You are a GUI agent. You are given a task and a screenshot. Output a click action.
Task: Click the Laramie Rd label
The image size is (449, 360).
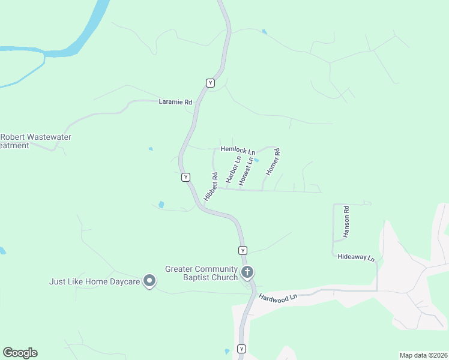[x=175, y=102]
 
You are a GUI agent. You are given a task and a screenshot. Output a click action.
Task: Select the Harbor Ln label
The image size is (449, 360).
[x=232, y=169]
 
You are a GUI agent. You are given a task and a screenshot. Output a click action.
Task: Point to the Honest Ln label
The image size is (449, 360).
[x=246, y=172]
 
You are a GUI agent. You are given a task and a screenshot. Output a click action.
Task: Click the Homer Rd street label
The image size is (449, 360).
[x=273, y=162]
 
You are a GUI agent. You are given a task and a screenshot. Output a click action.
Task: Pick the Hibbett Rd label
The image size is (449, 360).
[x=210, y=187]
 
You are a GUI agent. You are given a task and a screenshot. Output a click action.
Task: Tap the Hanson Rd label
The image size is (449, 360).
[x=346, y=222]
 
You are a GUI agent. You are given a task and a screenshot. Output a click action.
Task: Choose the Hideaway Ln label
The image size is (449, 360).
[x=356, y=257]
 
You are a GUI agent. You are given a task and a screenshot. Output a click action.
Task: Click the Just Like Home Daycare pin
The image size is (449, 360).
[x=150, y=280]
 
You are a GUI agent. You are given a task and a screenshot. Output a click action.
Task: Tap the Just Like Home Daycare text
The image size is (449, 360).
[x=95, y=281]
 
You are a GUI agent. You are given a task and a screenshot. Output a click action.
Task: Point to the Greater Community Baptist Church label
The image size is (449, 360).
[x=202, y=273]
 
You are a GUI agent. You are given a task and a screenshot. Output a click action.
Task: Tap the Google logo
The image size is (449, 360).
[x=20, y=353]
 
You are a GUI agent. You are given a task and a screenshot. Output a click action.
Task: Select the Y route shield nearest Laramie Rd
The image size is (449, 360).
[x=210, y=83]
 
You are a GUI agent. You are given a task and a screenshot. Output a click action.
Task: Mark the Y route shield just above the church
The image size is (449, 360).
[x=243, y=250]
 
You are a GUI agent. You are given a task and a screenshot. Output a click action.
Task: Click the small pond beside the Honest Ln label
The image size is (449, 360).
[x=256, y=160]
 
